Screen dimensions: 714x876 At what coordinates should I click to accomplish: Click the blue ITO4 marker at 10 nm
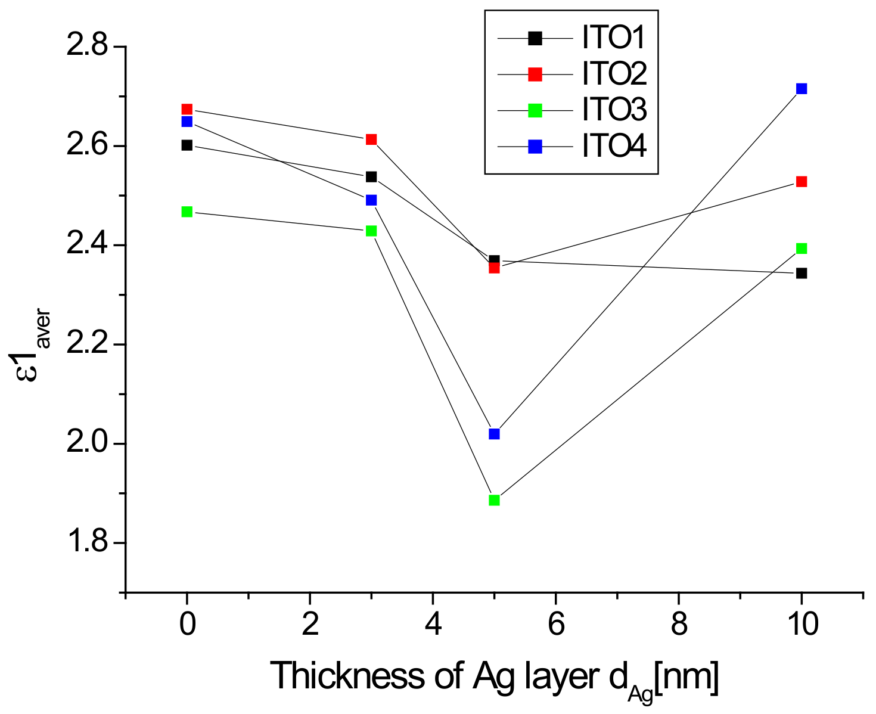point(802,89)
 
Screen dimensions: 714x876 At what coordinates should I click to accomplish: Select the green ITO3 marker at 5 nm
point(494,500)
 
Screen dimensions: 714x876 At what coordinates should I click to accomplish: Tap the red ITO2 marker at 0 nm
point(187,109)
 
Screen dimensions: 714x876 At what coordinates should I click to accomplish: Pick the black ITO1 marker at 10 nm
point(802,273)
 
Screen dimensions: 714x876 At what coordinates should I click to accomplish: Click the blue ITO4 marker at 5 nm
point(494,434)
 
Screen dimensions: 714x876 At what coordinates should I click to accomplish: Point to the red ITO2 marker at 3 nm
point(371,139)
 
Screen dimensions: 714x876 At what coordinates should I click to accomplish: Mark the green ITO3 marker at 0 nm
point(187,212)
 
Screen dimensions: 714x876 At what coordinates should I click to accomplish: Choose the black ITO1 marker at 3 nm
point(371,176)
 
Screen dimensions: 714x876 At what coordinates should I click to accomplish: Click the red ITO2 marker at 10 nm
point(802,181)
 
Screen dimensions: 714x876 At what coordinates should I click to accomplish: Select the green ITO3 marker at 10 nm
point(802,248)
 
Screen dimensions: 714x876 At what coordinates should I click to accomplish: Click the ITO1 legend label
point(614,39)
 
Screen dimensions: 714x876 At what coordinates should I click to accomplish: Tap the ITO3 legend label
point(614,110)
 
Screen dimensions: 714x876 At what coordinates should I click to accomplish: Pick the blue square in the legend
point(535,146)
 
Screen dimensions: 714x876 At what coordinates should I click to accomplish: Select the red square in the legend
point(535,74)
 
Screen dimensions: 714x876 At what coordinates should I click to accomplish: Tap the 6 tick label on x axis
point(555,626)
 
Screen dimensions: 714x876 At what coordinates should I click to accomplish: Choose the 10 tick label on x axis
point(802,626)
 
